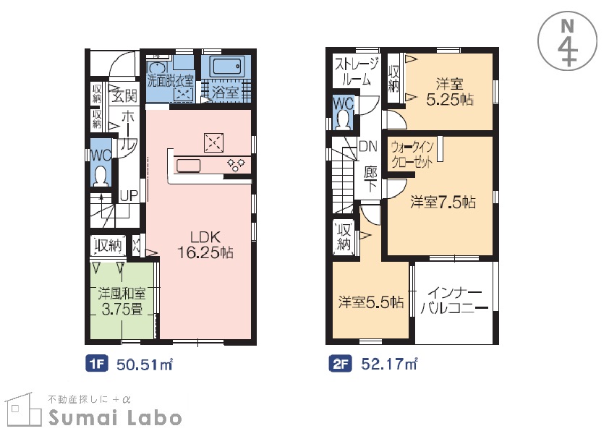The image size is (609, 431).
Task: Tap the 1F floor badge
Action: [97, 364]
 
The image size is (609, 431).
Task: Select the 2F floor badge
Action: [340, 364]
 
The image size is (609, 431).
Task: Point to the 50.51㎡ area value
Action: [145, 364]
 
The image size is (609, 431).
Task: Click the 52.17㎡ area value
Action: [389, 364]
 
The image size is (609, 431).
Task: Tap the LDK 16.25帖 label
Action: [205, 244]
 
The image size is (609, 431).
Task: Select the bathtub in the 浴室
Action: [227, 67]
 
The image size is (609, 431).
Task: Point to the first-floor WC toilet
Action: [101, 176]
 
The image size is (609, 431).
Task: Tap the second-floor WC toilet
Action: [343, 120]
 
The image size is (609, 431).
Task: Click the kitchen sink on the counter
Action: [188, 166]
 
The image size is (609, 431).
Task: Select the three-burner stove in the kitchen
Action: [236, 165]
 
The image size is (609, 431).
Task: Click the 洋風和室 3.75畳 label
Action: [122, 302]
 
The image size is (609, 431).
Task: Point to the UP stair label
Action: [129, 196]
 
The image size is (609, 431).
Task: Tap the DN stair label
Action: [368, 146]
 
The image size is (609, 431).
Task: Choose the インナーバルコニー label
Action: [454, 301]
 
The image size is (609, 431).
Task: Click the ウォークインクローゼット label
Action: [412, 155]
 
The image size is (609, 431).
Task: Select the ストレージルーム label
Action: [356, 72]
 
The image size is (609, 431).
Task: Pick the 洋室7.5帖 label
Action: [443, 202]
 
